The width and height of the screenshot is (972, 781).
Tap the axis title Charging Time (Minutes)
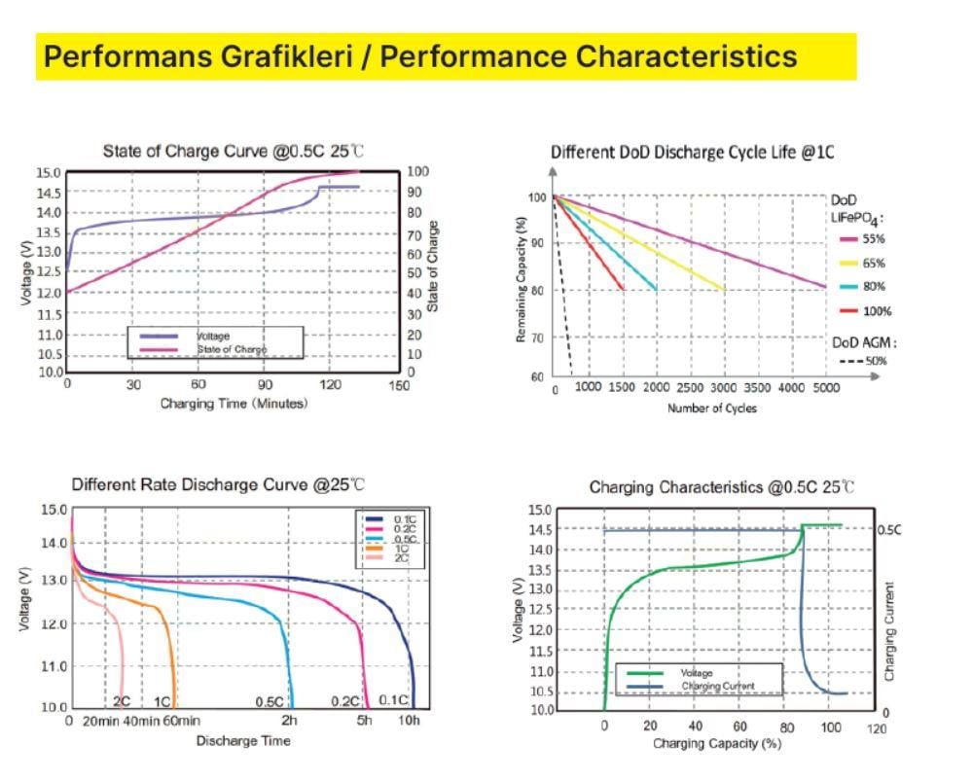234,404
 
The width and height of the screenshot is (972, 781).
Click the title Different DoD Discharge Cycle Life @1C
692,153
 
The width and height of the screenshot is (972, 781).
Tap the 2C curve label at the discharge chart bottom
122,701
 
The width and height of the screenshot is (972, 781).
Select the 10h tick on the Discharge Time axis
410,721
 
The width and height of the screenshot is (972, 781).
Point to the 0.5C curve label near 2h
270,701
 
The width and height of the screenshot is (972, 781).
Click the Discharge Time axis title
243,741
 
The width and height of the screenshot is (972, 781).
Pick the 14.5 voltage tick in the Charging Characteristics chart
538,529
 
